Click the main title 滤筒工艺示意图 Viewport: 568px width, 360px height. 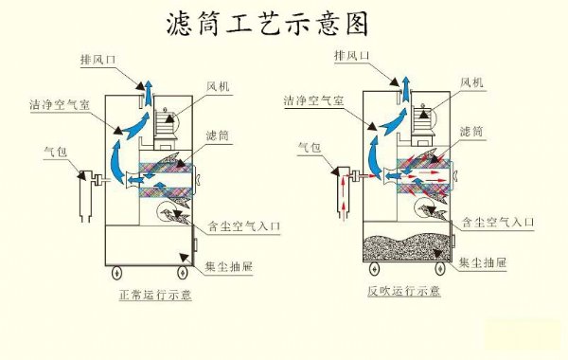(267, 24)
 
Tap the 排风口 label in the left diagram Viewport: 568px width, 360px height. (98, 59)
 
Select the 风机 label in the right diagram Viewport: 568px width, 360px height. (471, 82)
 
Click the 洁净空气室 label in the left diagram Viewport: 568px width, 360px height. (60, 105)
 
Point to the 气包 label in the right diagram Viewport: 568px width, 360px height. (310, 147)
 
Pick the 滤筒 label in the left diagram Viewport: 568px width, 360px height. (218, 135)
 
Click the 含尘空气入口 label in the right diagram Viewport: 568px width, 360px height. (498, 222)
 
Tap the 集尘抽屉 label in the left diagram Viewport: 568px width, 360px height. (228, 267)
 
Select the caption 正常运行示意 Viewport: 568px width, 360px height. (155, 295)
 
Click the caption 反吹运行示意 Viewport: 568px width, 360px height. (404, 291)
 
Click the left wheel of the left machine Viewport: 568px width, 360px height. (116, 272)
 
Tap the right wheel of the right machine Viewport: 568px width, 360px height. (440, 268)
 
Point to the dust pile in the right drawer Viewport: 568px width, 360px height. (407, 247)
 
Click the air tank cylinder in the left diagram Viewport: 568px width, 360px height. (86, 196)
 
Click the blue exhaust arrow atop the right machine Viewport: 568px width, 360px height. (406, 90)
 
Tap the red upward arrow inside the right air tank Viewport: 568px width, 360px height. (344, 196)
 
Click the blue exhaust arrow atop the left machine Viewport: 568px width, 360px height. (149, 93)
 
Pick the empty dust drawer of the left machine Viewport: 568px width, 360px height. (149, 245)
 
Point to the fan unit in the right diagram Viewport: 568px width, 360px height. (423, 122)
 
